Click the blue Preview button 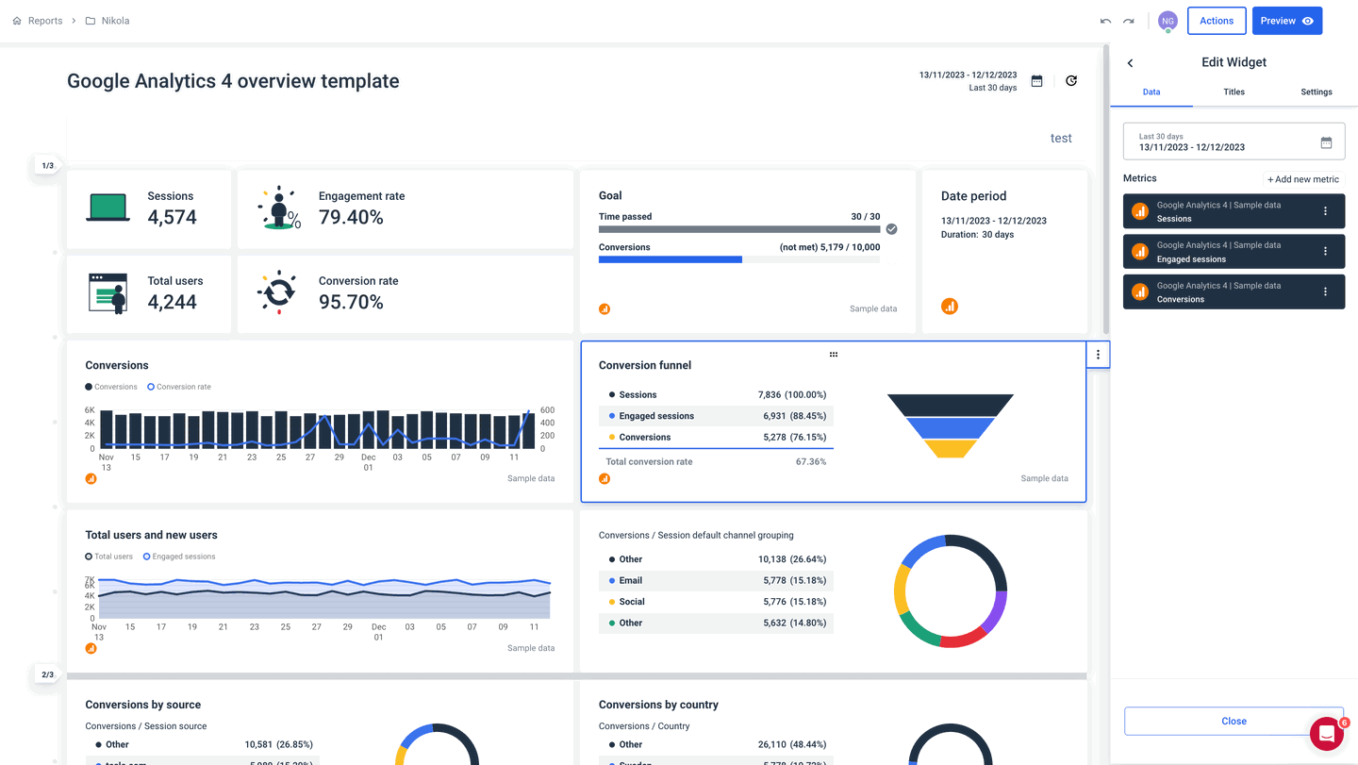(x=1286, y=21)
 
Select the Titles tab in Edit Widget (x=1234, y=91)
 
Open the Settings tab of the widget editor (x=1316, y=91)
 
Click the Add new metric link (x=1302, y=179)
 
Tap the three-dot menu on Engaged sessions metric (x=1325, y=252)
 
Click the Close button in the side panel (x=1234, y=721)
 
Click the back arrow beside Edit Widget (x=1130, y=63)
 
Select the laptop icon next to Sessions (x=108, y=208)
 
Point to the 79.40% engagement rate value (x=351, y=218)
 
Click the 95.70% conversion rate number (x=351, y=303)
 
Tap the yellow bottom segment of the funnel (x=950, y=449)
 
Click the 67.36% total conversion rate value (x=810, y=462)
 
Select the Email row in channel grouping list (x=716, y=581)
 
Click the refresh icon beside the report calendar (x=1070, y=81)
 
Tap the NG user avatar (x=1168, y=21)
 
